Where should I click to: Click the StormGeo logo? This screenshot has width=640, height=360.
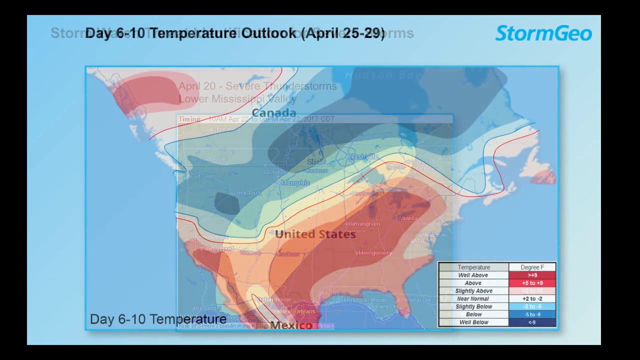click(x=543, y=33)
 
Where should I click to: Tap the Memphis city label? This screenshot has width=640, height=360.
click(x=295, y=183)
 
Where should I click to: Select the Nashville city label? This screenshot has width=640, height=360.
click(x=363, y=157)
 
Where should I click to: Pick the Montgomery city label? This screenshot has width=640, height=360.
click(x=375, y=253)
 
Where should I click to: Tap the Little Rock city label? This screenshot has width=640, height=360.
click(x=247, y=193)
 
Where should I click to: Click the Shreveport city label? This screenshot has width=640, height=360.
click(x=218, y=248)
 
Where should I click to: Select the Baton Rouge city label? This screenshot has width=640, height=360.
click(x=274, y=299)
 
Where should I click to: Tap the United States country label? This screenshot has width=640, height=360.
click(x=315, y=234)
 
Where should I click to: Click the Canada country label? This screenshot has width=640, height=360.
click(x=274, y=113)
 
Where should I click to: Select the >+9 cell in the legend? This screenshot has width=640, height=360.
click(x=532, y=275)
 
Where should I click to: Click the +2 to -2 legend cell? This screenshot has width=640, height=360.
click(x=532, y=298)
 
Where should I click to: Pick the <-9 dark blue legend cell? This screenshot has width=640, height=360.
click(x=532, y=322)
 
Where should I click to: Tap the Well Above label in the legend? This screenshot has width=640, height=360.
click(x=473, y=275)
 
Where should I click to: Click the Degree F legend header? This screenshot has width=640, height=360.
click(x=532, y=267)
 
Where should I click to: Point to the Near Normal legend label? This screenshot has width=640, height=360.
click(x=473, y=298)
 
